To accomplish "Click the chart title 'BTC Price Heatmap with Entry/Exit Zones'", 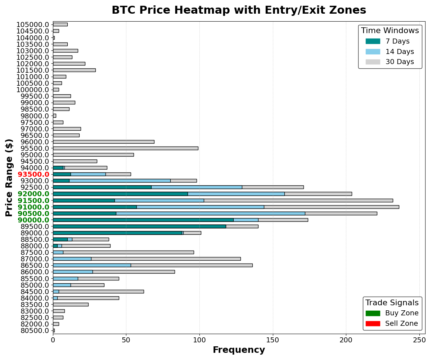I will pos(239,10).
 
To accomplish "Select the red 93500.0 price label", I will pos(33,174).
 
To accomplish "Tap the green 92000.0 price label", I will pos(33,194).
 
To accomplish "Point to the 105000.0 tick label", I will pos(33,24).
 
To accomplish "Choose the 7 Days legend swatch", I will pos(373,41).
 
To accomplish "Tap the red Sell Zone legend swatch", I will pos(373,324).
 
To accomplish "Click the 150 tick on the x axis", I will pos(273,340).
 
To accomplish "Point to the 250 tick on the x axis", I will pos(419,340).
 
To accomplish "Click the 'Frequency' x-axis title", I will pos(239,350).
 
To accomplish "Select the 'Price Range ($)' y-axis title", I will pos(9,177).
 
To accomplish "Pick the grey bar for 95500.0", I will pos(125,148).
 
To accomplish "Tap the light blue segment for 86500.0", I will pos(92,265).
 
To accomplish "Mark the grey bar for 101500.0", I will pos(74,70).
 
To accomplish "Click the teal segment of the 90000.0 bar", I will pos(143,220).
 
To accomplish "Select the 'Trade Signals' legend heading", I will pos(392,303).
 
